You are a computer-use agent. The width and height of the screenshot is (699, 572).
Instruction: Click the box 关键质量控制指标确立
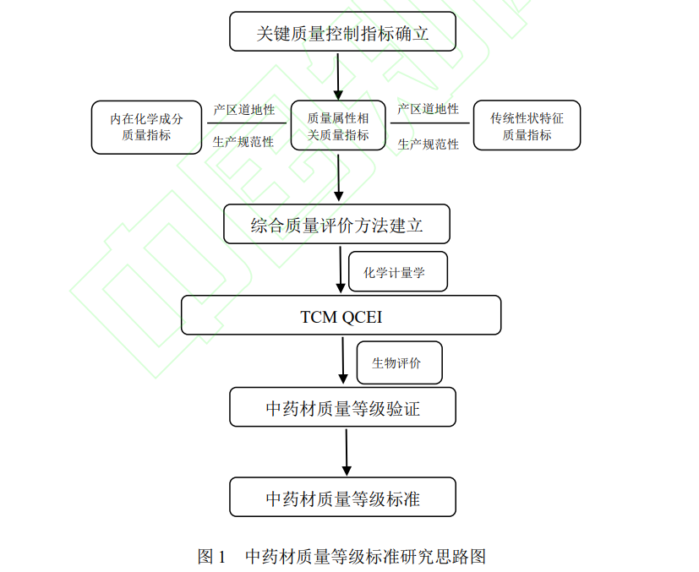pos(342,31)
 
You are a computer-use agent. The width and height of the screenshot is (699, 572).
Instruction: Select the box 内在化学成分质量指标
pos(147,128)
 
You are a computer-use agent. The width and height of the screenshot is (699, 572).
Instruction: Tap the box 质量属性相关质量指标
pos(338,125)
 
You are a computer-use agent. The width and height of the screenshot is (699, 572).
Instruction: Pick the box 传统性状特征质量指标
pos(527,125)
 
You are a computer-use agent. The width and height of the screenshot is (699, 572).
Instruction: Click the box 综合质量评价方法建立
pos(336,224)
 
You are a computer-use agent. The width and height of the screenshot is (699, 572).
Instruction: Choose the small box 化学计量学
pos(397,272)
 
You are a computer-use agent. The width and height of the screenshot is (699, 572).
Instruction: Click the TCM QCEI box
pos(341,315)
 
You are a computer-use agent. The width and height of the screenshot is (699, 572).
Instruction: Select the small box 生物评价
pos(400,362)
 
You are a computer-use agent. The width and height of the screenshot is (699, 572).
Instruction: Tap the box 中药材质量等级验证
pos(342,407)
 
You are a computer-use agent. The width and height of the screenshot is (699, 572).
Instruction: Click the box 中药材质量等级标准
pos(342,497)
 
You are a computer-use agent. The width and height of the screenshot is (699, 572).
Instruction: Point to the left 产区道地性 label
pos(244,110)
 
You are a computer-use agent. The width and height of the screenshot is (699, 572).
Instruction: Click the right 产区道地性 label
pos(428,109)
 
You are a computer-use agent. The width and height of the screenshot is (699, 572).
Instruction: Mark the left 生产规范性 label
pos(243,142)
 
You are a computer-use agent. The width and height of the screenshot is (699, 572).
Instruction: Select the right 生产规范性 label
pos(428,144)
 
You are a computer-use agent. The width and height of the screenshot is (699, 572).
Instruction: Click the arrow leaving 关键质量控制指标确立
pos(338,77)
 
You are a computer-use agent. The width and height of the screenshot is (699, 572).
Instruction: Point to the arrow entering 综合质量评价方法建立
pos(338,177)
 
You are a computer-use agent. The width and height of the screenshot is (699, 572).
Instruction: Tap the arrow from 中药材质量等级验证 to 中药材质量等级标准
pos(347,453)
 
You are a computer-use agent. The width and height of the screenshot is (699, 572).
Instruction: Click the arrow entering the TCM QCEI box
pos(341,270)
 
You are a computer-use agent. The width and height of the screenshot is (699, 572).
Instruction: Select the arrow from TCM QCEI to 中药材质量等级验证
pos(343,361)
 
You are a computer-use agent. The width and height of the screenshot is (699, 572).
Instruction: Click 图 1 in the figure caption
pos(211,557)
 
